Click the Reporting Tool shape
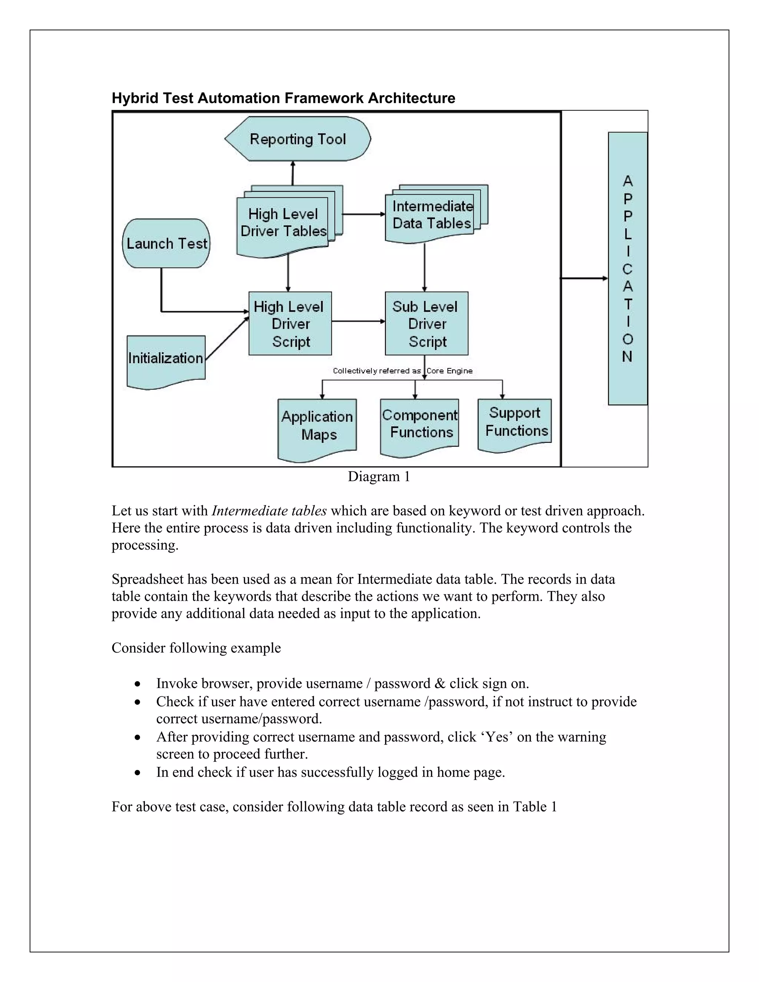[298, 139]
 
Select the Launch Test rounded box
[166, 243]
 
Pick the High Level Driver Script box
[290, 324]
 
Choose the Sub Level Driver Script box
[426, 324]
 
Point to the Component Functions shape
[420, 425]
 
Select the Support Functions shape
[515, 423]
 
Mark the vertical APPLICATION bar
[628, 268]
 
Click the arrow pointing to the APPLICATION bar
[584, 278]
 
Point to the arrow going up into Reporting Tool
[293, 173]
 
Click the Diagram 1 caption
[379, 477]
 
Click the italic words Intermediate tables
[269, 511]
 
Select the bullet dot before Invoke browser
[137, 684]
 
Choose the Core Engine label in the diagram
[449, 371]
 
